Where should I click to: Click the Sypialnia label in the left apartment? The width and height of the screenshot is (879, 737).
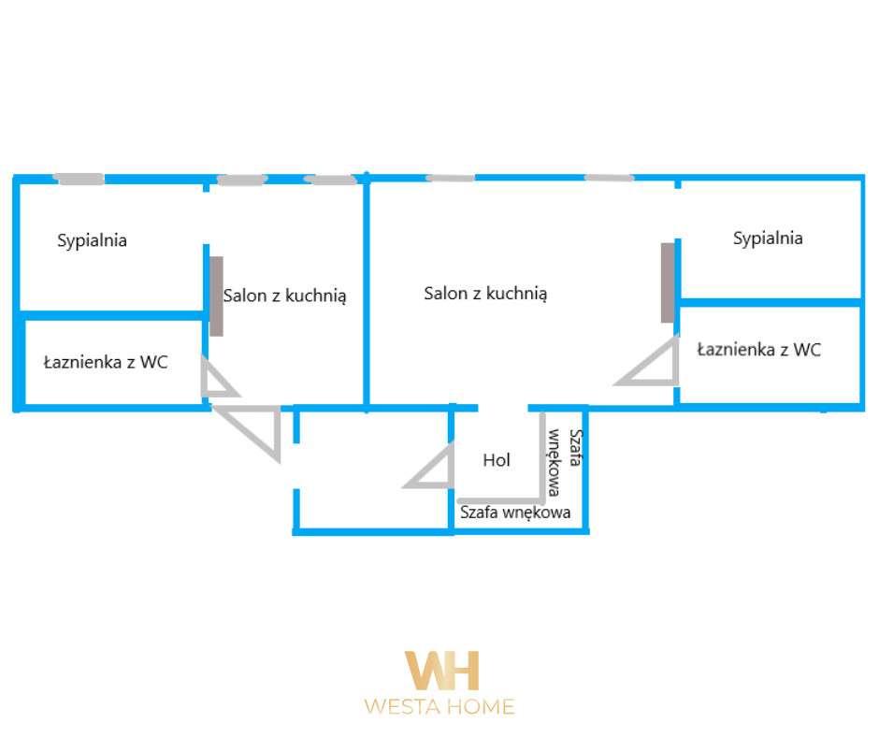point(92,240)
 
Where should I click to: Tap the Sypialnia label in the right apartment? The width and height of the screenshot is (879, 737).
point(768,238)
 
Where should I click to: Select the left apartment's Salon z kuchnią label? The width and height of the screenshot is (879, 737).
point(285,296)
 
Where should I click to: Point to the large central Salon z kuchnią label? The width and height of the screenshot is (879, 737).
point(485,294)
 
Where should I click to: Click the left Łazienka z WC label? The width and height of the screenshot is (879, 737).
point(106,362)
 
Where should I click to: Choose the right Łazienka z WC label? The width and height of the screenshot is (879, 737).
point(759,350)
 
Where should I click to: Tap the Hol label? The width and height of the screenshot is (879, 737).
point(497,460)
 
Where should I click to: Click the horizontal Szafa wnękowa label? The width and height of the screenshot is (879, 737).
point(515,513)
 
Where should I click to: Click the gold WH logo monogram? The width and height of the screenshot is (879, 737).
point(441,671)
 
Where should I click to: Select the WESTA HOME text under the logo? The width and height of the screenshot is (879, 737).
point(439,707)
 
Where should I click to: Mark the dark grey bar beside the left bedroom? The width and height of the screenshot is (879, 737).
point(216,296)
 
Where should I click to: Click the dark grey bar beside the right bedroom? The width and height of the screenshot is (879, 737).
point(667,282)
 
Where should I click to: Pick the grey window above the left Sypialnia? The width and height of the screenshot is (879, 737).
point(79,179)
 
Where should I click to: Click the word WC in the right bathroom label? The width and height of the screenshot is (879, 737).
point(807,350)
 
